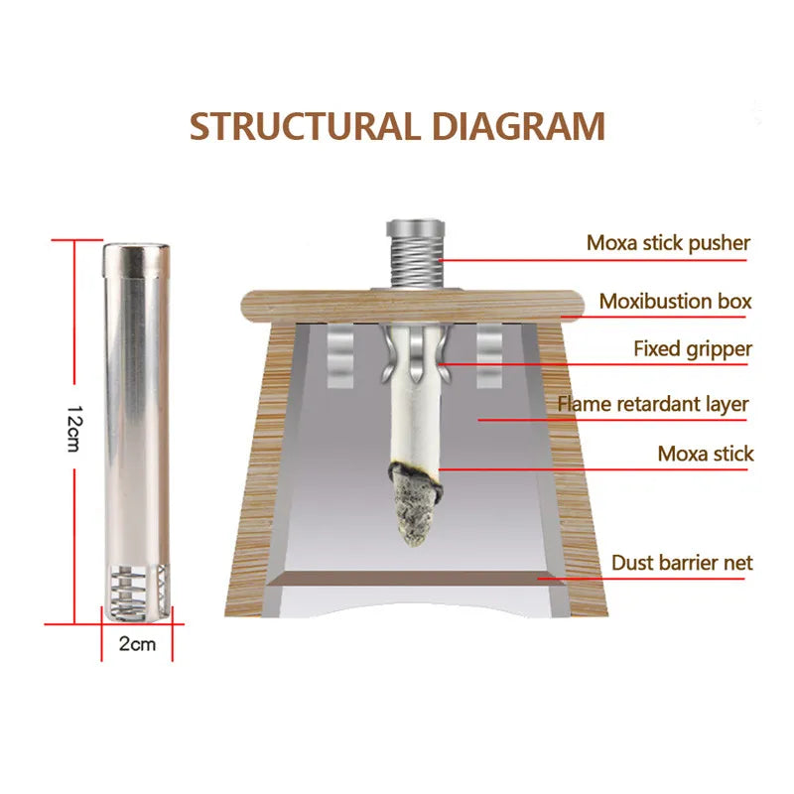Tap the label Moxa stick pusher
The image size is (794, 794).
pyautogui.click(x=668, y=242)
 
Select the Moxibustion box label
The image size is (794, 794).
pyautogui.click(x=676, y=301)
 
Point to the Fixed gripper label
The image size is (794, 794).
pyautogui.click(x=693, y=348)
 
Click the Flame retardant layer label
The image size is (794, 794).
pyautogui.click(x=653, y=404)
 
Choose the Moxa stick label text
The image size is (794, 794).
pyautogui.click(x=706, y=454)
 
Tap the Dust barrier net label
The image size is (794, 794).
pyautogui.click(x=682, y=563)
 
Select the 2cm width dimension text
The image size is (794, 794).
pyautogui.click(x=137, y=643)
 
